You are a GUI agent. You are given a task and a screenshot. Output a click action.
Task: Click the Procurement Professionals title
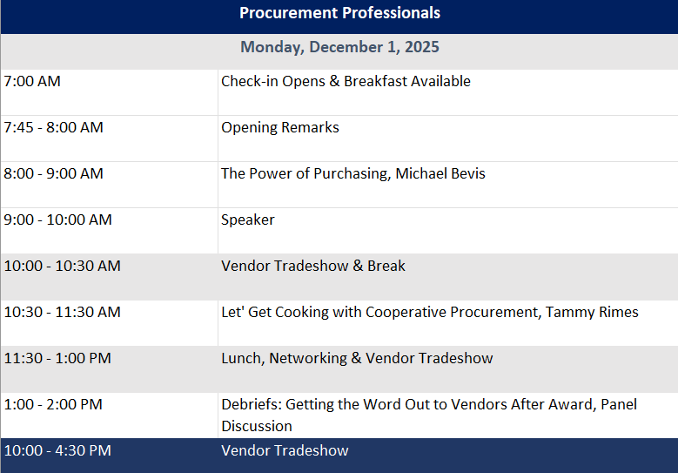[339, 13]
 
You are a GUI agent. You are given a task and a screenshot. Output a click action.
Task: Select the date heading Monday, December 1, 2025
[339, 47]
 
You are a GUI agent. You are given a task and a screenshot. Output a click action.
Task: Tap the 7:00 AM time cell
[32, 81]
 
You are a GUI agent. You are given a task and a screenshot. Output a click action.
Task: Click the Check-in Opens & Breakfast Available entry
[346, 81]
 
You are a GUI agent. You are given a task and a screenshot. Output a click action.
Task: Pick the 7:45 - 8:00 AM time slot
[54, 128]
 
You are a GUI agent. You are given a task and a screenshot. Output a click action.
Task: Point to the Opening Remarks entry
[280, 128]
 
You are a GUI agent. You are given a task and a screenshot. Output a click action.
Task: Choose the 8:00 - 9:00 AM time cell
[54, 173]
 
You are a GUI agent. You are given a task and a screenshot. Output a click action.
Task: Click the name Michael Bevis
[440, 173]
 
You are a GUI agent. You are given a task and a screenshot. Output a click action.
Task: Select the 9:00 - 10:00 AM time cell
[58, 220]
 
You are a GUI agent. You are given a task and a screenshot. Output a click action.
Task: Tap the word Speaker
[248, 220]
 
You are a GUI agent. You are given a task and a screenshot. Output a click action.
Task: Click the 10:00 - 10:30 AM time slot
[63, 267]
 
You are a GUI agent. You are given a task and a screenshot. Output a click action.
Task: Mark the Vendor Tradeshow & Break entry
[313, 266]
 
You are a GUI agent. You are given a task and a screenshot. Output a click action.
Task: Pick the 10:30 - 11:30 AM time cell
[63, 312]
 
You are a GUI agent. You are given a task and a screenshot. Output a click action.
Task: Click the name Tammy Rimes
[592, 313]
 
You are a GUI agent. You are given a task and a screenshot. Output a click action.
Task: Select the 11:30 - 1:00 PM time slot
[57, 358]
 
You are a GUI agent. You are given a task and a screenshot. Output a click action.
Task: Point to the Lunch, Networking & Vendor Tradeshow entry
[357, 359]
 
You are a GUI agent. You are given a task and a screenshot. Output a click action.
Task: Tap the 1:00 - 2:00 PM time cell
[53, 405]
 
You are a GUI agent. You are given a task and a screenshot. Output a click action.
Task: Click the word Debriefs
[252, 405]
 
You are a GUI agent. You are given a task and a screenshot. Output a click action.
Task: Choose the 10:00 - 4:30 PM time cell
[57, 451]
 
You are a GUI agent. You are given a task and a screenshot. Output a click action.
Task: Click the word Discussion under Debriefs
[257, 426]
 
